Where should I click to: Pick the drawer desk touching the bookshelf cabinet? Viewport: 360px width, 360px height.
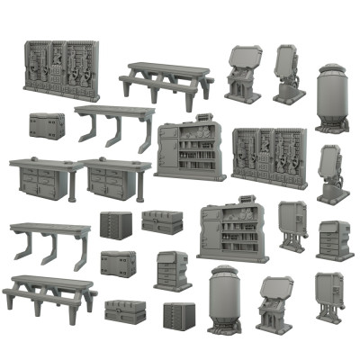pyautogui.click(x=113, y=178)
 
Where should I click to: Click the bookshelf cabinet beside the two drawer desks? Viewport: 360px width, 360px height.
pyautogui.click(x=191, y=151)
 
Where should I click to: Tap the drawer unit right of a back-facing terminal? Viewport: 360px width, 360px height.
pyautogui.click(x=334, y=240)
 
